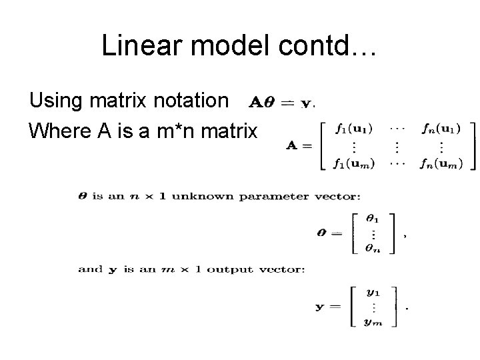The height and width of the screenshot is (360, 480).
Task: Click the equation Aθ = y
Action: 281,103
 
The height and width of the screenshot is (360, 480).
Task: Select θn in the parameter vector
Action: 372,247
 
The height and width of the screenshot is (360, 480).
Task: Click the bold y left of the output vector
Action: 319,307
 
